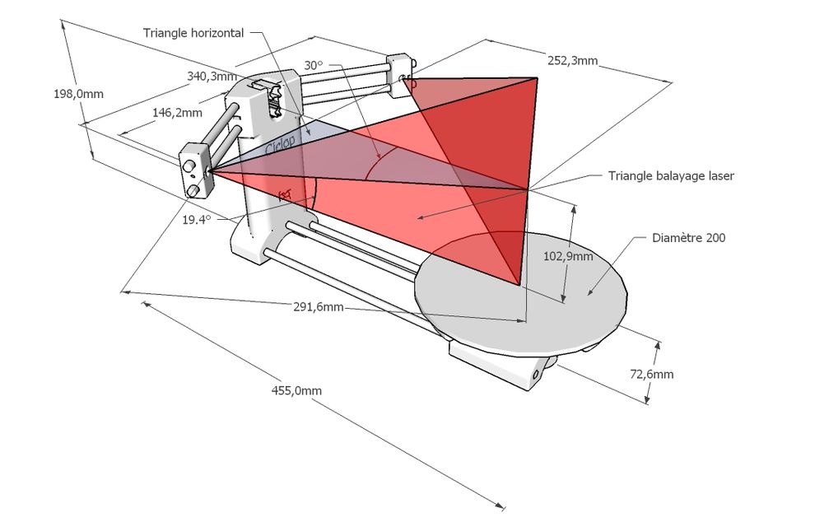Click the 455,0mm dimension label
click(296, 390)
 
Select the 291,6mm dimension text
click(319, 306)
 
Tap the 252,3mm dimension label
click(572, 60)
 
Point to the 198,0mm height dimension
click(78, 94)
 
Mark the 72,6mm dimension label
click(651, 374)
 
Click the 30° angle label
click(314, 65)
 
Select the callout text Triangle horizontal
click(193, 33)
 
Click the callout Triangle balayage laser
click(671, 175)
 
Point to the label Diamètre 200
click(688, 238)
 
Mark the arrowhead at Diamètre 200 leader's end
click(589, 292)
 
